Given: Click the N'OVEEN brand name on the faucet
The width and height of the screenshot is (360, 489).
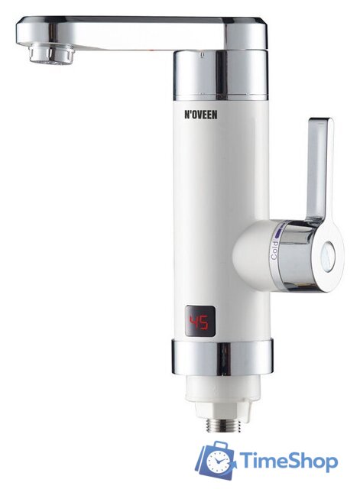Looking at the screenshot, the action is pos(199,115).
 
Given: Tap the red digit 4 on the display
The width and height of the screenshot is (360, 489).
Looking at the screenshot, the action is pos(195,322).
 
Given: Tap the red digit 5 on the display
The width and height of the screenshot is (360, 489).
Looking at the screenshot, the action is pos(204,322).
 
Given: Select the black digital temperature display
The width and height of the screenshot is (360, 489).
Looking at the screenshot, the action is pos(199,322).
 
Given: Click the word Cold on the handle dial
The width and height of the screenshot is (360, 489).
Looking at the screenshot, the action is pos(274,250).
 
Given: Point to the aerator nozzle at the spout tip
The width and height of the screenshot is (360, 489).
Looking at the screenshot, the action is pos(51,53).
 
